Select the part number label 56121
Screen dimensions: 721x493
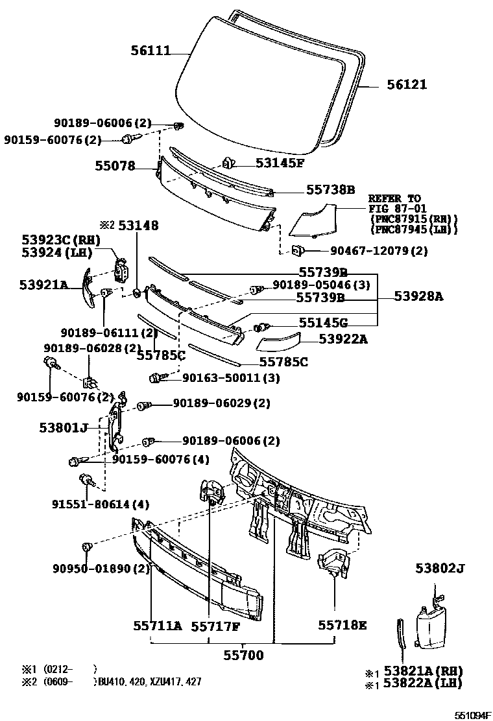tap(407, 85)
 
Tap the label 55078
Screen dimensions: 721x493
tap(113, 166)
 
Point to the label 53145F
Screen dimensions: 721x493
tap(279, 163)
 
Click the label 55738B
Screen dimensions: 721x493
tap(330, 189)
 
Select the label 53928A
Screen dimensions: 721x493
tap(419, 296)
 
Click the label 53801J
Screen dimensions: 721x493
tap(63, 428)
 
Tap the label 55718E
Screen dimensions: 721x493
tap(343, 625)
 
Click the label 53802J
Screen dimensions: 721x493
tap(440, 569)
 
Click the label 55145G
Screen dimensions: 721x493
tap(323, 322)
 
